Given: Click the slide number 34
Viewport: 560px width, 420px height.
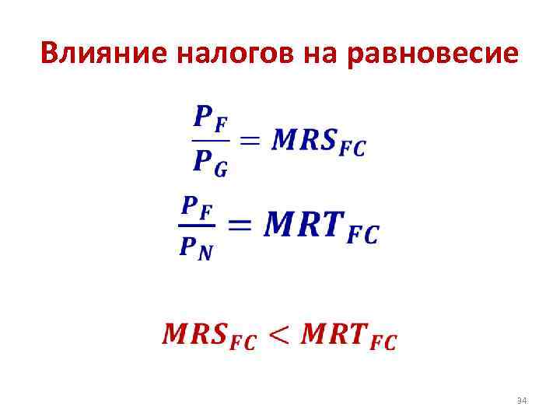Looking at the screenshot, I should pos(522,401).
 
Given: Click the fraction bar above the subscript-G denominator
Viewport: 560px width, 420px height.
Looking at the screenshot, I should pos(210,141).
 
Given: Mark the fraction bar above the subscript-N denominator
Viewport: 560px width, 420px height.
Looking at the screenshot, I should pos(198,226).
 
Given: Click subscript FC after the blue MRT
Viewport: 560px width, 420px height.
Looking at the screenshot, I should pos(362,234).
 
